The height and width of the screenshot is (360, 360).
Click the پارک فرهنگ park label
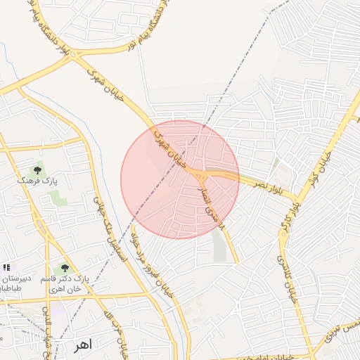pos(39,181)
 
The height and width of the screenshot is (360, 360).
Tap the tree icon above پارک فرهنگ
pos(38,170)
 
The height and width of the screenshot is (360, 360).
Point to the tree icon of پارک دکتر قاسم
pos(65,268)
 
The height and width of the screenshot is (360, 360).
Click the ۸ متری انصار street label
pos(214,208)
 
